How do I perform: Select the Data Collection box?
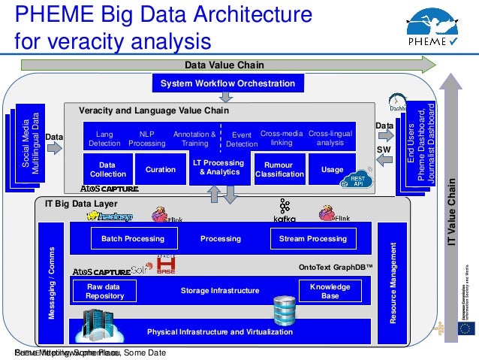pyautogui.click(x=107, y=169)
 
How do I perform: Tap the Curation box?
pyautogui.click(x=160, y=170)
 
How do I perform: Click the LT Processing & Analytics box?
pyautogui.click(x=218, y=168)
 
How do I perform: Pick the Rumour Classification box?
pyautogui.click(x=279, y=169)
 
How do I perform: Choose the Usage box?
pyautogui.click(x=332, y=170)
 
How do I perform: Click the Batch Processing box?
pyautogui.click(x=128, y=239)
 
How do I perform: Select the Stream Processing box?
pyautogui.click(x=312, y=239)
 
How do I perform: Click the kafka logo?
pyautogui.click(x=285, y=211)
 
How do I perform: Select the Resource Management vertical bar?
pyautogui.click(x=393, y=283)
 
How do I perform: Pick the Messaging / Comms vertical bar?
pyautogui.click(x=53, y=283)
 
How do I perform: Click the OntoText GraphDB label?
pyautogui.click(x=336, y=266)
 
